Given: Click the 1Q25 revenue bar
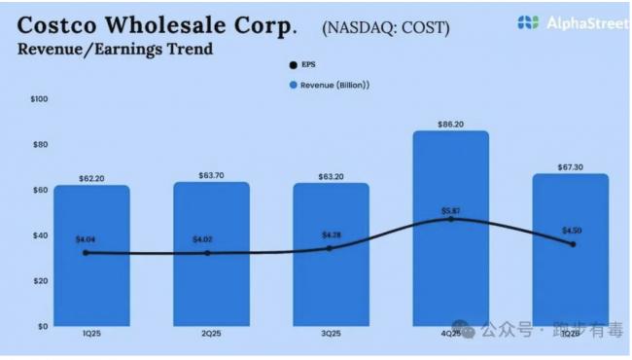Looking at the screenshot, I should tap(91, 282).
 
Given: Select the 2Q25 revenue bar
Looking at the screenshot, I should tap(211, 282).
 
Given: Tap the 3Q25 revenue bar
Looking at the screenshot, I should tap(331, 282).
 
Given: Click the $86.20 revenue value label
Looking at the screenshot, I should tap(450, 124).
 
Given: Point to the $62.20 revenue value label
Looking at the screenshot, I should tap(91, 178).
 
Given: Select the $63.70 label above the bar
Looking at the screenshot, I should tap(211, 175).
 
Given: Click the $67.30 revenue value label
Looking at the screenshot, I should tap(570, 166).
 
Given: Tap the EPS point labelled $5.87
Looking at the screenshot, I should tap(450, 219).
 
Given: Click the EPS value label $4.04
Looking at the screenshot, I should tap(86, 239).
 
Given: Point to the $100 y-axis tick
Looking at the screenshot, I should tap(39, 99).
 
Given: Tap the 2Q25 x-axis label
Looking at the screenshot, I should tap(211, 333).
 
